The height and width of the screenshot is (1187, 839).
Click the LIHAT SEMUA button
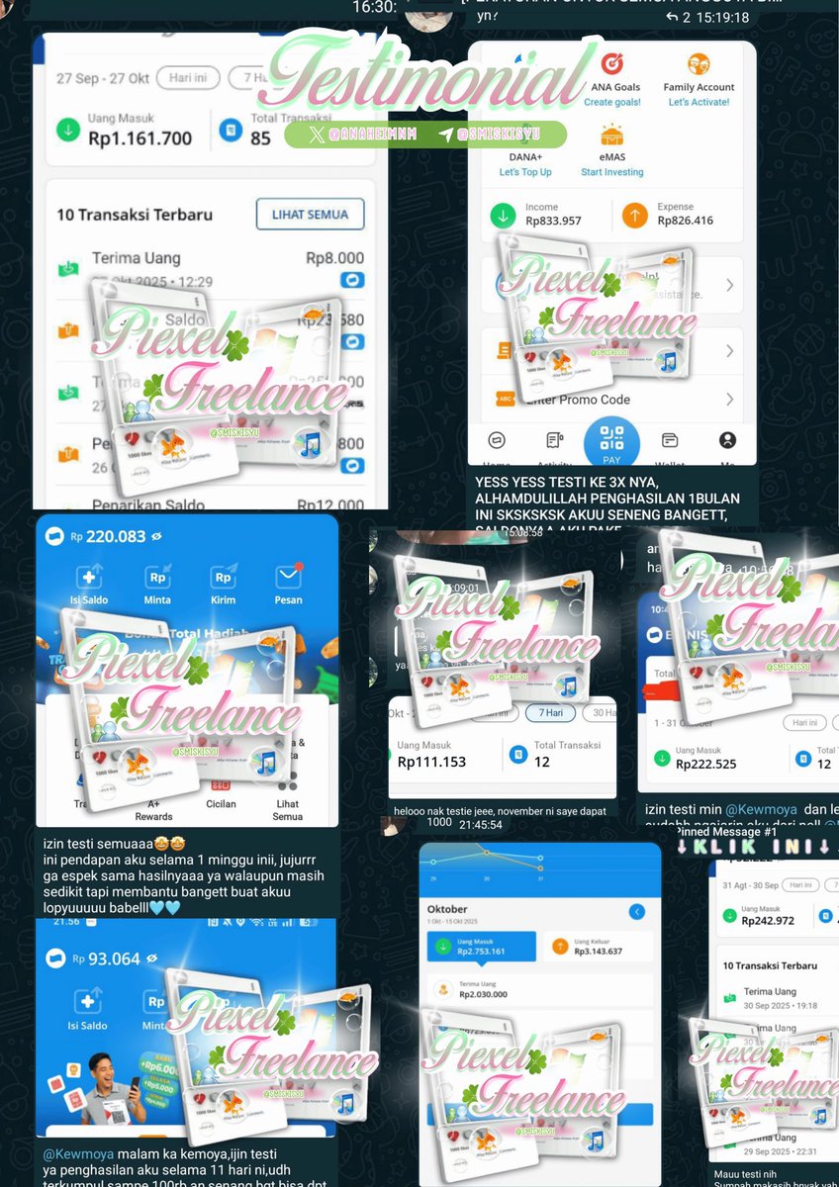coord(310,215)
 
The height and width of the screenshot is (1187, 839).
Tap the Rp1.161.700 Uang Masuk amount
coord(140,138)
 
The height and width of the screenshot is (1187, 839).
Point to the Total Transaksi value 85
coord(260,138)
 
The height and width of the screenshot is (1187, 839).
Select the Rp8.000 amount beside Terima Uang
coord(334,258)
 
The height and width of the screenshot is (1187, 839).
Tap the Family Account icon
coord(699,65)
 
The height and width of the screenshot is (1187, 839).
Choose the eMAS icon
coord(611,136)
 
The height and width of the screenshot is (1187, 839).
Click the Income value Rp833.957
coord(553,221)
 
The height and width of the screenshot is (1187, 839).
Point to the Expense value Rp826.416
coord(685,221)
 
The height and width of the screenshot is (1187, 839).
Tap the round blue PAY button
coord(611,441)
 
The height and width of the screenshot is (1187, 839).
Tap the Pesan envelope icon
coord(288,578)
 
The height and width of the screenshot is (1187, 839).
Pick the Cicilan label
coord(222,804)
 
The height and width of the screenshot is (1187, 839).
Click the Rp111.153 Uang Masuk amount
coord(431,762)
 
